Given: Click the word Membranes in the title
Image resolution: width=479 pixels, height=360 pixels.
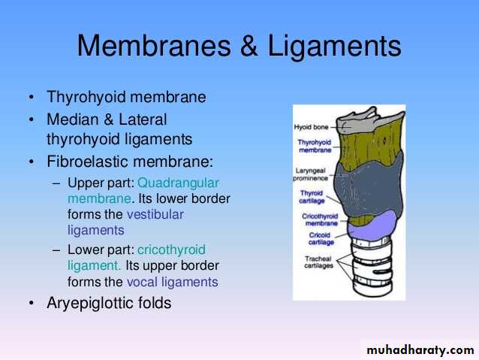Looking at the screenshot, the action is pyautogui.click(x=154, y=46).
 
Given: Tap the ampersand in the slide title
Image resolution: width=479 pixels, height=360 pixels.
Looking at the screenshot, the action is pyautogui.click(x=249, y=46).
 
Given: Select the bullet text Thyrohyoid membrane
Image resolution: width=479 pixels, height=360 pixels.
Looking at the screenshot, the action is pyautogui.click(x=126, y=97).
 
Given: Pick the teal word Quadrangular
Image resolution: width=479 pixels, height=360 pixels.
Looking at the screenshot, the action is pyautogui.click(x=178, y=183).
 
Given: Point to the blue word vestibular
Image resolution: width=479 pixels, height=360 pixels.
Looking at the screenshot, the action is pyautogui.click(x=155, y=214).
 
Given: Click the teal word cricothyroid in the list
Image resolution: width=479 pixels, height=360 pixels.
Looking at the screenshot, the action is pyautogui.click(x=171, y=250).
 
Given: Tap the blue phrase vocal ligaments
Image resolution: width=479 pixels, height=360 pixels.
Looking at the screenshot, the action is pyautogui.click(x=173, y=282).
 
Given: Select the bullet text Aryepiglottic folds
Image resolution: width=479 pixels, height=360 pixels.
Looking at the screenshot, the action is pyautogui.click(x=109, y=303).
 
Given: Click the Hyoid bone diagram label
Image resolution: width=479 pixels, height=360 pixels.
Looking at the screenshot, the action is pyautogui.click(x=311, y=126).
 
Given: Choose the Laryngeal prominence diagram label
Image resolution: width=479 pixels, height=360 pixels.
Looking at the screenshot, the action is pyautogui.click(x=310, y=174).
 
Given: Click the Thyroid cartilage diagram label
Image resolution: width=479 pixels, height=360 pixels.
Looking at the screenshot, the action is pyautogui.click(x=312, y=197).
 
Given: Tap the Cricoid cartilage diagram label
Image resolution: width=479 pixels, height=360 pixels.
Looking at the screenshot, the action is pyautogui.click(x=321, y=238).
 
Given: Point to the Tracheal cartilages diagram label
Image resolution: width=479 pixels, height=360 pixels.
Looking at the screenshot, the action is pyautogui.click(x=318, y=262).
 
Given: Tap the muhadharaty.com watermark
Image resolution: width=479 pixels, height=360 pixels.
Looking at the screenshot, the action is pyautogui.click(x=420, y=349).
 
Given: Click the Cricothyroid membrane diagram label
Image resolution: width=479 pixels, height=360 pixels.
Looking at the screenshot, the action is pyautogui.click(x=320, y=219).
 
